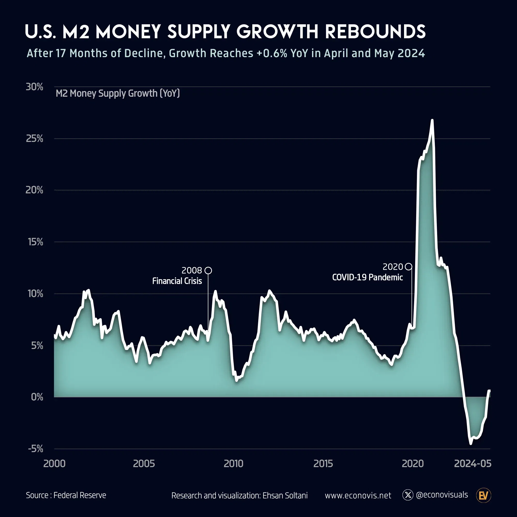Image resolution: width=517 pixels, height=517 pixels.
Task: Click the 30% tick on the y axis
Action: pos(34,87)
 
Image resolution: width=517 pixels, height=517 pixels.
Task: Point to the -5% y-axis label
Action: pos(36,449)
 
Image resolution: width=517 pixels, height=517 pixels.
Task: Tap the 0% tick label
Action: pos(37,397)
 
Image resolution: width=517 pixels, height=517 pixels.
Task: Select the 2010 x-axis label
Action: pos(233,463)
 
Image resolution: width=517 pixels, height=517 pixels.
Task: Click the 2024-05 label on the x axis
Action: pos(473,463)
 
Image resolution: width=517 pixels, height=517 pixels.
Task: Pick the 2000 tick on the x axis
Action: pos(54,463)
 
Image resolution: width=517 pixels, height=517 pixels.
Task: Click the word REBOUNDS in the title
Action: pos(375,32)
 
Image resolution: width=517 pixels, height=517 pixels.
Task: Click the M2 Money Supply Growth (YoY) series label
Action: pos(118,93)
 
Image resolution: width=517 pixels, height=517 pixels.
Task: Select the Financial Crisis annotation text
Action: pos(177,281)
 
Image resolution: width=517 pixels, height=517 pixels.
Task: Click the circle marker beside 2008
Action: pos(208,271)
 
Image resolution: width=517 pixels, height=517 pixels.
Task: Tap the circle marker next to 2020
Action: pos(409,267)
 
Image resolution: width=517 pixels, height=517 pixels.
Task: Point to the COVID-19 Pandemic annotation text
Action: pos(367,277)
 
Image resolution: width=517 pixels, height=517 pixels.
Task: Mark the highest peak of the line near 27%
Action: pos(432,120)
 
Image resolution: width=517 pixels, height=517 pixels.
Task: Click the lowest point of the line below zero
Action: pos(471,443)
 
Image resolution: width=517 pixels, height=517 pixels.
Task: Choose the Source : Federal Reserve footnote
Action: pos(66,495)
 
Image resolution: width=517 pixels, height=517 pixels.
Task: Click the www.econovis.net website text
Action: pos(358,496)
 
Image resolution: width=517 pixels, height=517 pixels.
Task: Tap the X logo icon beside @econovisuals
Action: pos(408,495)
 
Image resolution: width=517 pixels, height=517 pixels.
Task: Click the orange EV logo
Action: pos(484,495)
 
